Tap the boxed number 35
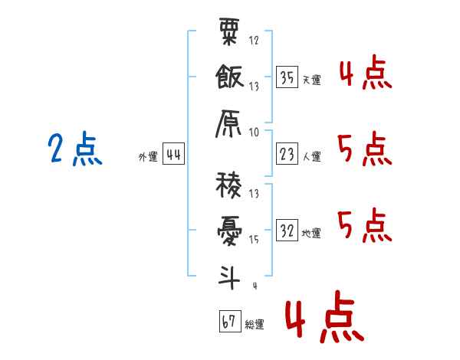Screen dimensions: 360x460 coord(287,77)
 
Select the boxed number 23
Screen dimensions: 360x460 coord(287,155)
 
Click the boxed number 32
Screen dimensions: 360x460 coord(287,231)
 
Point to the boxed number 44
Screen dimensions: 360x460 coord(173,155)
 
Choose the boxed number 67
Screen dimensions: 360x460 coord(229,322)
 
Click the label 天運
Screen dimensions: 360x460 coord(311,80)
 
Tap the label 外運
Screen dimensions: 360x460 coord(147,157)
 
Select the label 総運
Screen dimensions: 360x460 coord(255,324)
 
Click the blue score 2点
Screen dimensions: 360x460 coord(74,149)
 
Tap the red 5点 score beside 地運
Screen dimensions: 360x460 coord(365,224)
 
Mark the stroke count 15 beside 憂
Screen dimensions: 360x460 coord(254,240)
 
